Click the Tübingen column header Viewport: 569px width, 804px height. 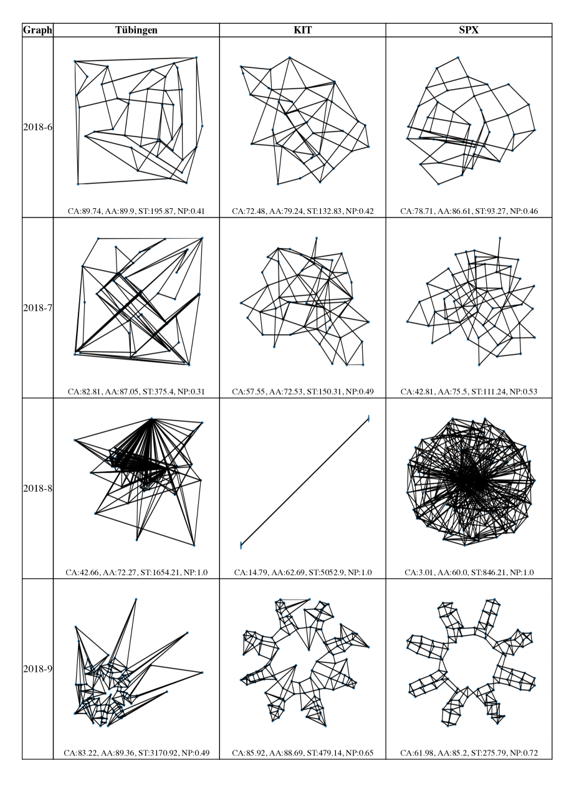tap(136, 30)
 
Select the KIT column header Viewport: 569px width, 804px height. tap(303, 30)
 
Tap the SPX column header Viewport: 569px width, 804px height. tap(469, 30)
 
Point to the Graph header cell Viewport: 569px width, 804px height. tap(37, 30)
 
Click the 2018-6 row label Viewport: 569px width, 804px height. tap(37, 127)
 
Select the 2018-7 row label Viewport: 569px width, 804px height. tap(37, 308)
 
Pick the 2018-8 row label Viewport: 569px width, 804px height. tap(37, 488)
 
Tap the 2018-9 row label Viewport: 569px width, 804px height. tap(37, 669)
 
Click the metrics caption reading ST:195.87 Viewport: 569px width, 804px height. tap(136, 211)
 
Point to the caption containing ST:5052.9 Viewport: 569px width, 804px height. tap(303, 572)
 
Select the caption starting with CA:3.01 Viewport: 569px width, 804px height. tap(469, 572)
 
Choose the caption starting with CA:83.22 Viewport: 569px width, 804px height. tap(136, 753)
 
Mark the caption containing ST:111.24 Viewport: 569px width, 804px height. tap(469, 391)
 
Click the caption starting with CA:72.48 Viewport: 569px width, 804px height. tap(303, 211)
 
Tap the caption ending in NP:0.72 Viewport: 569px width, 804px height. tap(469, 753)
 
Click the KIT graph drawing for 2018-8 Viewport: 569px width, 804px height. tap(305, 482)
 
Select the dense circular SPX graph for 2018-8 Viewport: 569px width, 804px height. tap(471, 482)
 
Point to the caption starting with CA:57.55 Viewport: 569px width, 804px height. tap(303, 391)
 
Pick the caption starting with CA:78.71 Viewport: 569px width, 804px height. tap(469, 211)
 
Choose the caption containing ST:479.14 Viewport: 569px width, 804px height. tap(303, 753)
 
